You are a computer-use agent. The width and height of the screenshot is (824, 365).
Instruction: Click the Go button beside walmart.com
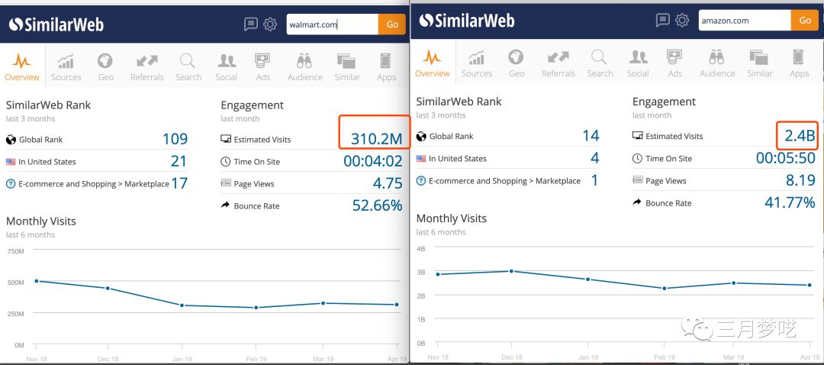[392, 24]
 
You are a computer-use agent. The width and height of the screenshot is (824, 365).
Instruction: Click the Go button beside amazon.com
[805, 21]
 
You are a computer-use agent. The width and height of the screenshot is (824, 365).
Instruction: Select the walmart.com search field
[332, 24]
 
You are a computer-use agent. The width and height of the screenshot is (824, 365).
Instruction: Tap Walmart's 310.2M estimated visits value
[376, 139]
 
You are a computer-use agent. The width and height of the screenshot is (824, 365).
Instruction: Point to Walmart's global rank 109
[175, 140]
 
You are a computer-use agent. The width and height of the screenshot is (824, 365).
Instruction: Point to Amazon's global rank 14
[591, 136]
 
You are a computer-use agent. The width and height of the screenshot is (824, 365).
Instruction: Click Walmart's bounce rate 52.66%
[377, 205]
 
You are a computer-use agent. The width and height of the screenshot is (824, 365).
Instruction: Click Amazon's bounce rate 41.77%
[790, 202]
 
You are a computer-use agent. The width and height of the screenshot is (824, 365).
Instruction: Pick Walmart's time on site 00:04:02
[372, 161]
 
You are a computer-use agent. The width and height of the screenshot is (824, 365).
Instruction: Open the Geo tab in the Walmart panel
[106, 66]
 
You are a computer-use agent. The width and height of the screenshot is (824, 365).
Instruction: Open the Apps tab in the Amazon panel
[799, 63]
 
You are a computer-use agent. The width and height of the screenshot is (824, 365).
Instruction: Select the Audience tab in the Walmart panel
[304, 66]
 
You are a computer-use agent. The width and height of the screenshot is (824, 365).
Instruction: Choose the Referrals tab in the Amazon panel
[558, 63]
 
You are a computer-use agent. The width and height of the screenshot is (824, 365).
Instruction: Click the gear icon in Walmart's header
[270, 24]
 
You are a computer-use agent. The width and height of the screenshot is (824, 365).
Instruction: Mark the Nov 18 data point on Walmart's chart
[37, 281]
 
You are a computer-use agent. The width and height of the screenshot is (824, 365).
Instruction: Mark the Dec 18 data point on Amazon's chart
[511, 271]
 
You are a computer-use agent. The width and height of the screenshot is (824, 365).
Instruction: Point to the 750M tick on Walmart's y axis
[15, 250]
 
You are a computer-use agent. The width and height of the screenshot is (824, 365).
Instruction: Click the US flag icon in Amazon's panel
[421, 159]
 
